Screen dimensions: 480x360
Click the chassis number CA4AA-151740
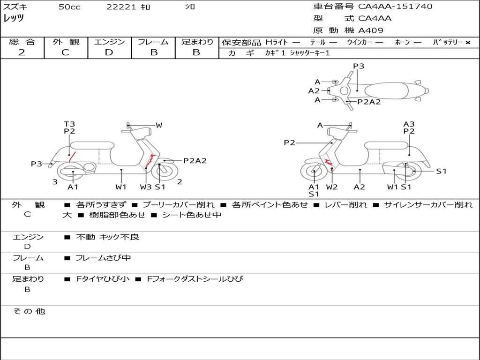click(395, 7)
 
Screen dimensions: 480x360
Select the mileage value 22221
click(121, 7)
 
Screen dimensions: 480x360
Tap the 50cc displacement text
click(69, 7)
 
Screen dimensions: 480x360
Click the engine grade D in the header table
click(109, 52)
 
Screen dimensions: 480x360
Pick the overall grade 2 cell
click(22, 52)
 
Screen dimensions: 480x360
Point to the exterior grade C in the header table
click(65, 52)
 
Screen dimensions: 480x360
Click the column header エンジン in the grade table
click(109, 42)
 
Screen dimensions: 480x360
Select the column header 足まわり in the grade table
click(197, 42)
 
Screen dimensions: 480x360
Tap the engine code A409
click(371, 30)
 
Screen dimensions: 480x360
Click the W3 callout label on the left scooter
click(146, 187)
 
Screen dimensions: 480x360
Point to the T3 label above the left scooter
click(69, 124)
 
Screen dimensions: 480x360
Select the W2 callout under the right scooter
click(332, 187)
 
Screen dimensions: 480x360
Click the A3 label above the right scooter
click(409, 124)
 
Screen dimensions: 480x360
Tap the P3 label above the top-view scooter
click(359, 66)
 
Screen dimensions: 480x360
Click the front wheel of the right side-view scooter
click(314, 172)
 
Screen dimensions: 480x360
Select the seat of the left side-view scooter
click(92, 145)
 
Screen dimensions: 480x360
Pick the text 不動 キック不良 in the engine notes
click(107, 237)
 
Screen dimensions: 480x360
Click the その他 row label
click(29, 311)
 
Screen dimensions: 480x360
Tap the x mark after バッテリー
click(467, 43)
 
